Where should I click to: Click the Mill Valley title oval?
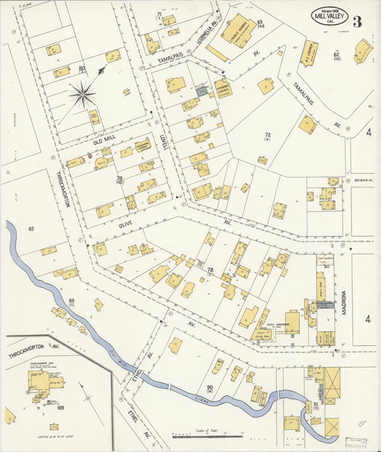[x=330, y=16]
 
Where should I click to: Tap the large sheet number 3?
[x=357, y=21]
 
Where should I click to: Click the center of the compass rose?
[x=83, y=93]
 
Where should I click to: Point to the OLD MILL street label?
[x=99, y=142]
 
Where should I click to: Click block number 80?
[x=82, y=69]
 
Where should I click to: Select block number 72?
[x=267, y=136]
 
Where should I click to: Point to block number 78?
[x=210, y=270]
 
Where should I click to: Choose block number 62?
[x=335, y=55]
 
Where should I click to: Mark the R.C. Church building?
[x=310, y=51]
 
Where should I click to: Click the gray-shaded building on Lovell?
[x=202, y=91]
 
